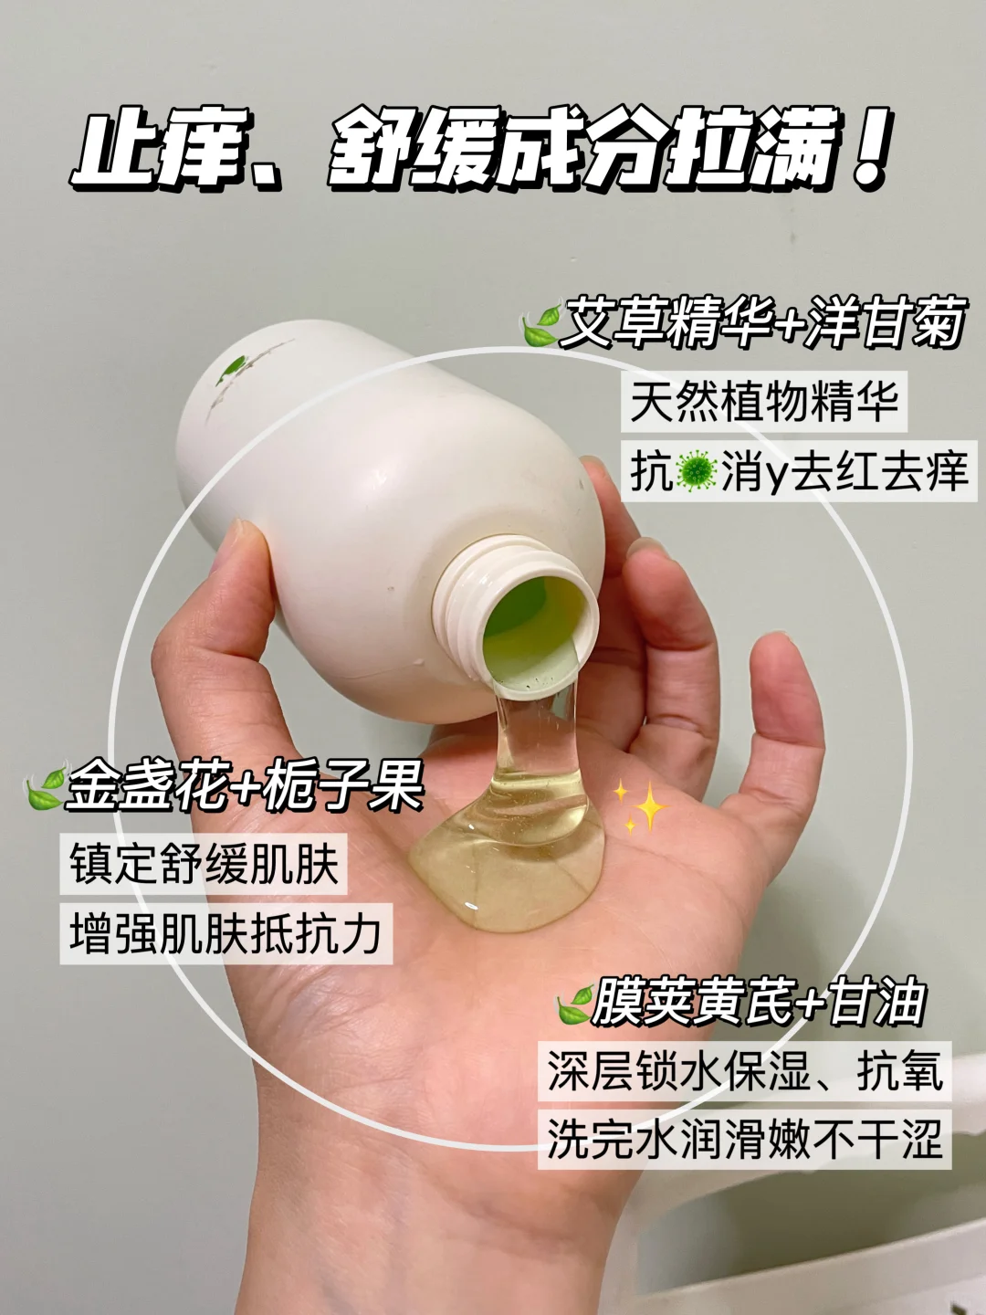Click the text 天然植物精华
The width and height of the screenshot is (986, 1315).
point(764,401)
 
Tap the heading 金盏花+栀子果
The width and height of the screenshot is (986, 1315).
point(245,784)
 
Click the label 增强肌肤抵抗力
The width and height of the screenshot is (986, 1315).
point(226,934)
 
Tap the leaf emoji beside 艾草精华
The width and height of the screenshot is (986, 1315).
point(541,325)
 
